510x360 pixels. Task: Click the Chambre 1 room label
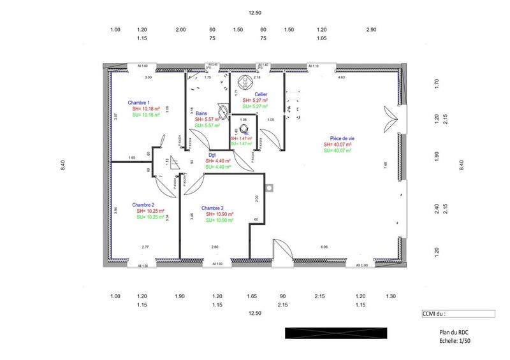[138, 103]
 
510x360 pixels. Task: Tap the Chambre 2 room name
[143, 205]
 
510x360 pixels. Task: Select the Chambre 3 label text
[212, 208]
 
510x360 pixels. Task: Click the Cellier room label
[252, 94]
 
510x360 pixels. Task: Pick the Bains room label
[201, 113]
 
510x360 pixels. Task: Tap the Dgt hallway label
[212, 154]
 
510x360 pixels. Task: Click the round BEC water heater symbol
[243, 82]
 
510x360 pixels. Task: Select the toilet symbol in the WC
[244, 127]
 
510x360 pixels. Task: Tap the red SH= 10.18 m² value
[146, 109]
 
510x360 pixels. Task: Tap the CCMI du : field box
[458, 313]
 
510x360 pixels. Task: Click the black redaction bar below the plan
[336, 333]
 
